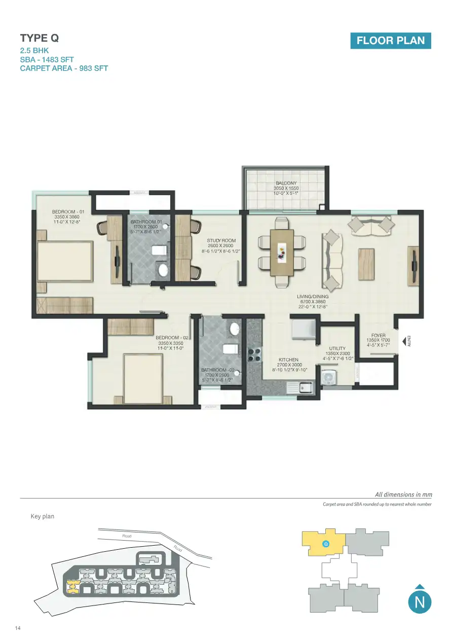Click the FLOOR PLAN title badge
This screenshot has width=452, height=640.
(390, 41)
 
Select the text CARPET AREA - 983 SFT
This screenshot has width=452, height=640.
(64, 68)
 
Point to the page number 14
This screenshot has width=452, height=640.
(18, 628)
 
